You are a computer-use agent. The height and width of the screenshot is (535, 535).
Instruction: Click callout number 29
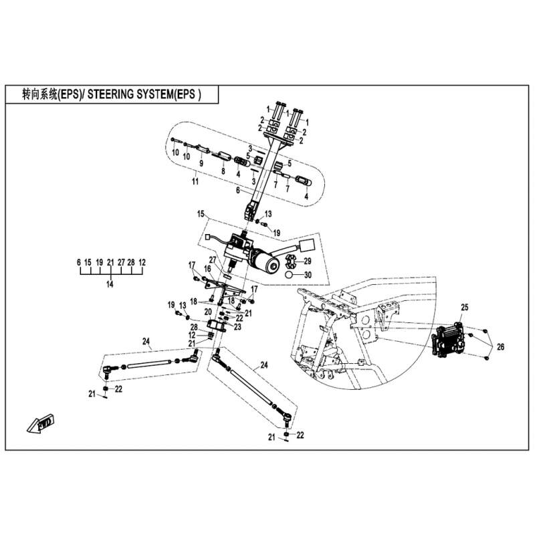(x=308, y=260)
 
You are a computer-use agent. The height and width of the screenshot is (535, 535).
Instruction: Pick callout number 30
(x=308, y=275)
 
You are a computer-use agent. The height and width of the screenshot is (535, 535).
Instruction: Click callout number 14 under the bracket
(x=110, y=284)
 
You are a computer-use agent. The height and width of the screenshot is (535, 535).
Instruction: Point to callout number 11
(x=195, y=182)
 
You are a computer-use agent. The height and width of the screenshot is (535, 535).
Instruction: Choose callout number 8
(x=223, y=171)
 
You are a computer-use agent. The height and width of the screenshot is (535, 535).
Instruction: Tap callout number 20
(x=209, y=312)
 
